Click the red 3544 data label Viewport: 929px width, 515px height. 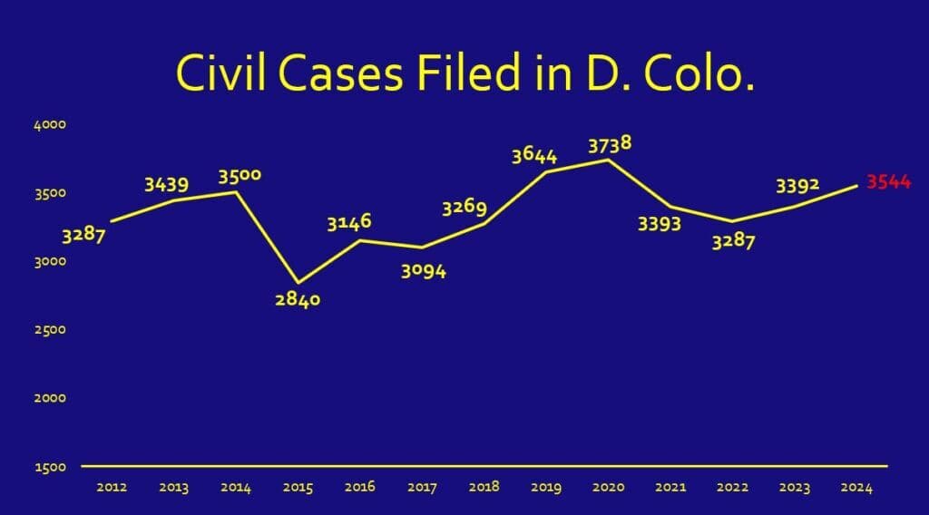pos(888,182)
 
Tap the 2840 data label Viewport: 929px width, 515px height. pos(298,299)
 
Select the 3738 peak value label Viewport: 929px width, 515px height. pos(610,144)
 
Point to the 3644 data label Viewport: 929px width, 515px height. pos(534,155)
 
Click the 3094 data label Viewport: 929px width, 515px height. pos(424,270)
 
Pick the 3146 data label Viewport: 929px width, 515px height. pos(349,222)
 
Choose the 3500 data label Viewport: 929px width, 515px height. pos(240,174)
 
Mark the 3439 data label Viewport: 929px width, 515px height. pos(167,185)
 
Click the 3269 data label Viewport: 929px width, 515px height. pos(464,207)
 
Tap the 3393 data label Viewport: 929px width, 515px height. pos(660,224)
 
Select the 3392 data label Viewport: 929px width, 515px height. pos(797,186)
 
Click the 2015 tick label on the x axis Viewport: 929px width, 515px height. pos(298,488)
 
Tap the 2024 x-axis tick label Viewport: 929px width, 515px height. pos(856,488)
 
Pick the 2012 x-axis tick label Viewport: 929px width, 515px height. pos(111,488)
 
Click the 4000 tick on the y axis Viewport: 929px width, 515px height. pos(51,125)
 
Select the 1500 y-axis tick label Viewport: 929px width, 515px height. pos(51,467)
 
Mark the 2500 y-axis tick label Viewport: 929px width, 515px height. pos(51,330)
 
